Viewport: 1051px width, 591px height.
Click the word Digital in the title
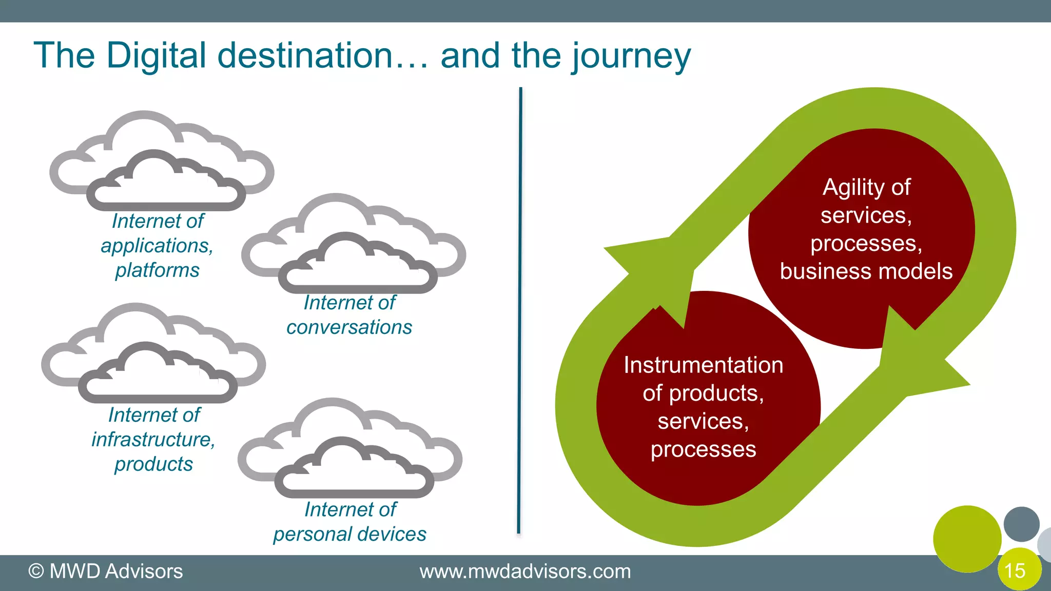[156, 55]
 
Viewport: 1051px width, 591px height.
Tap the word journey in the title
[632, 56]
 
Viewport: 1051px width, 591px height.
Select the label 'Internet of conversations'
[349, 315]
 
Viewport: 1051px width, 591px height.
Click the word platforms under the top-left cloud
[157, 270]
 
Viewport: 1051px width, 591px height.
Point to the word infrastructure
[153, 440]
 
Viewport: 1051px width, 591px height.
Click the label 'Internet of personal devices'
[349, 522]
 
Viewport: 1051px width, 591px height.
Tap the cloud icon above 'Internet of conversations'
[354, 246]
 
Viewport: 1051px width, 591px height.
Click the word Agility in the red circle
[847, 188]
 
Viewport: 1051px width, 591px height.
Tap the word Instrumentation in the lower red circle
[703, 365]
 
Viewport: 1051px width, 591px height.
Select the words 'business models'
[866, 271]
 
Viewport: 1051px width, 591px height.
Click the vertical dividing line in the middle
[520, 308]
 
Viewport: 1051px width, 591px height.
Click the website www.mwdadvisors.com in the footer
[525, 572]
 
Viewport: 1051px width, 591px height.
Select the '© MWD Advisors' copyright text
[106, 572]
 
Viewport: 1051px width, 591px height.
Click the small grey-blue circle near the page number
[1021, 524]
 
